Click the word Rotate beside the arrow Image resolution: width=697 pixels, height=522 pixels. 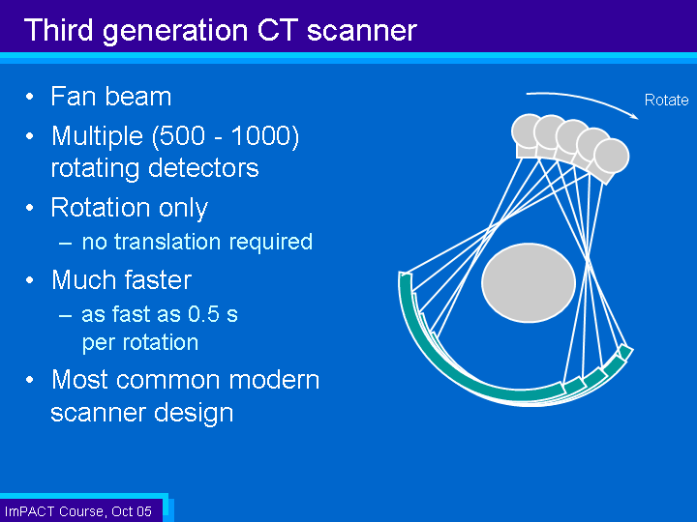[666, 101]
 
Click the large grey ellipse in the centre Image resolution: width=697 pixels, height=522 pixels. [529, 282]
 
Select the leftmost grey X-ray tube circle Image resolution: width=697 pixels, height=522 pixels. [529, 131]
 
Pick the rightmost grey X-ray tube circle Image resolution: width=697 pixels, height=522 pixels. [612, 156]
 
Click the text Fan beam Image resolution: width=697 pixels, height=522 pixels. [110, 97]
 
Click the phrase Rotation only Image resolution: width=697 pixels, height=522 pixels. [129, 208]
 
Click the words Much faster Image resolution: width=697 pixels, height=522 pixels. [121, 280]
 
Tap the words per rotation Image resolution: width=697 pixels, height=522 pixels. [140, 342]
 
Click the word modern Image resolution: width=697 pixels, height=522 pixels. [270, 379]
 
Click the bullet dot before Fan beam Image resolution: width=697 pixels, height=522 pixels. [32, 98]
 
